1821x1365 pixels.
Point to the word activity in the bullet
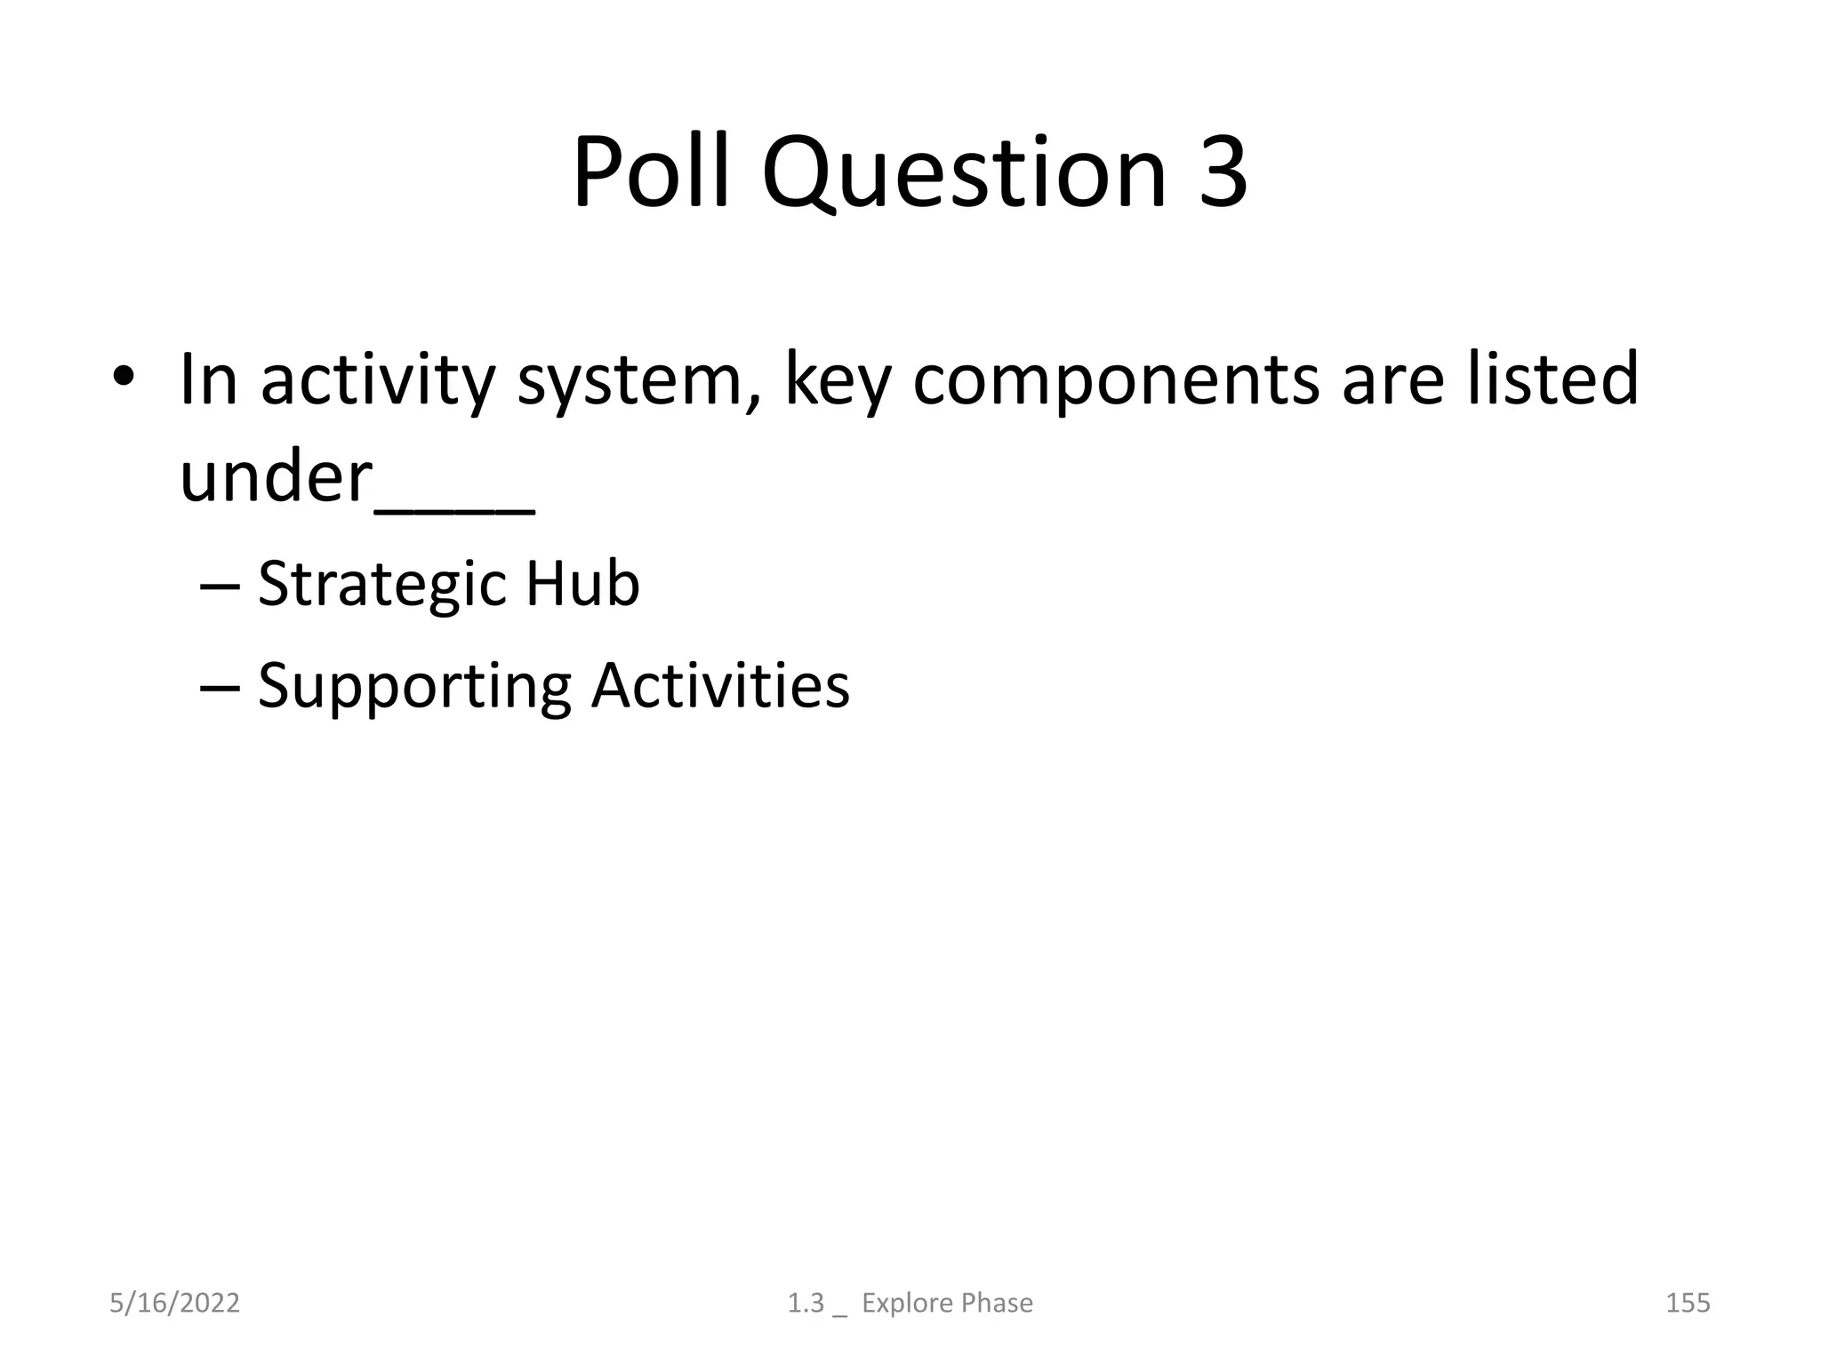point(377,380)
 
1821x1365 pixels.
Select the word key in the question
point(837,380)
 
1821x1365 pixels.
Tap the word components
point(1116,380)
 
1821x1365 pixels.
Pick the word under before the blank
point(275,477)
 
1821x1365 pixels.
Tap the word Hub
point(582,584)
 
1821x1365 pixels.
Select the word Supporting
point(413,687)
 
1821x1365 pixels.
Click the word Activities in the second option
point(720,685)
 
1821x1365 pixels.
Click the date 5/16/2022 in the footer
point(174,1303)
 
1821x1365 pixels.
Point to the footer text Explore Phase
point(947,1303)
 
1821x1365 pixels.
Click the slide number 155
point(1687,1303)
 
